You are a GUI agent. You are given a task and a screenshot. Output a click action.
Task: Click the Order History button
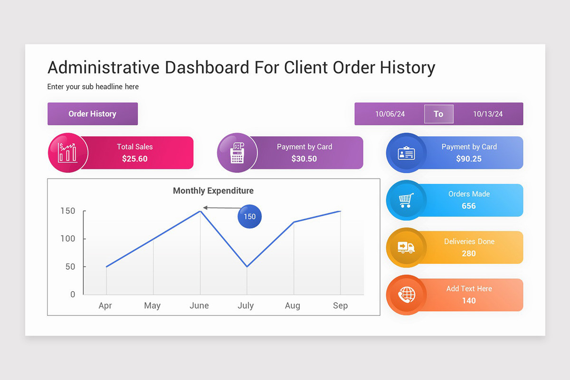93,114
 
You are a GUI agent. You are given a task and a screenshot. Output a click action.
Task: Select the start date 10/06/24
390,114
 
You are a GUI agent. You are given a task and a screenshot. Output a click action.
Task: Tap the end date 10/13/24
488,114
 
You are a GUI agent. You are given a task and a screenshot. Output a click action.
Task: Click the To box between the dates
439,114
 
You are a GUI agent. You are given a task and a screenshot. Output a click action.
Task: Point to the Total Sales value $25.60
134,159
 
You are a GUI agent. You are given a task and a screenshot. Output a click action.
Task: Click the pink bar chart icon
67,152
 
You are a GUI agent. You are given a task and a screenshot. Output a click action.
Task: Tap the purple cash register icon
237,153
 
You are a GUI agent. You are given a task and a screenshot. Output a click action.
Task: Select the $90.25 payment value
469,159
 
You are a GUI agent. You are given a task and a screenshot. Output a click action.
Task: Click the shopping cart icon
406,200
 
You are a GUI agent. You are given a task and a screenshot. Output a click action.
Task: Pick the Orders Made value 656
469,206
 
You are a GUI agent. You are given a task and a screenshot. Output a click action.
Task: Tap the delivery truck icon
406,247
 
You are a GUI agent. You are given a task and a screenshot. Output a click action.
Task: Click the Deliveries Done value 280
469,254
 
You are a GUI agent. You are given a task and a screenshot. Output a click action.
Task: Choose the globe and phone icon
407,294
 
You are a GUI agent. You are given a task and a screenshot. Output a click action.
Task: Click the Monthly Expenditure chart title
213,190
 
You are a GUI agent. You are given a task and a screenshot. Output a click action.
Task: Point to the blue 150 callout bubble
249,217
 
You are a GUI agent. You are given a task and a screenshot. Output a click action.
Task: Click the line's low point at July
247,266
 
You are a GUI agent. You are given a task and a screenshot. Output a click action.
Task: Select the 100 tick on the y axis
67,239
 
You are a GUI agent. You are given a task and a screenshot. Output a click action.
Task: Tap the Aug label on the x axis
293,306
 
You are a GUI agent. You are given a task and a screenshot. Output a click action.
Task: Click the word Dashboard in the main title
207,67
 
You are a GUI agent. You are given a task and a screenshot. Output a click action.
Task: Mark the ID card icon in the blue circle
406,153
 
